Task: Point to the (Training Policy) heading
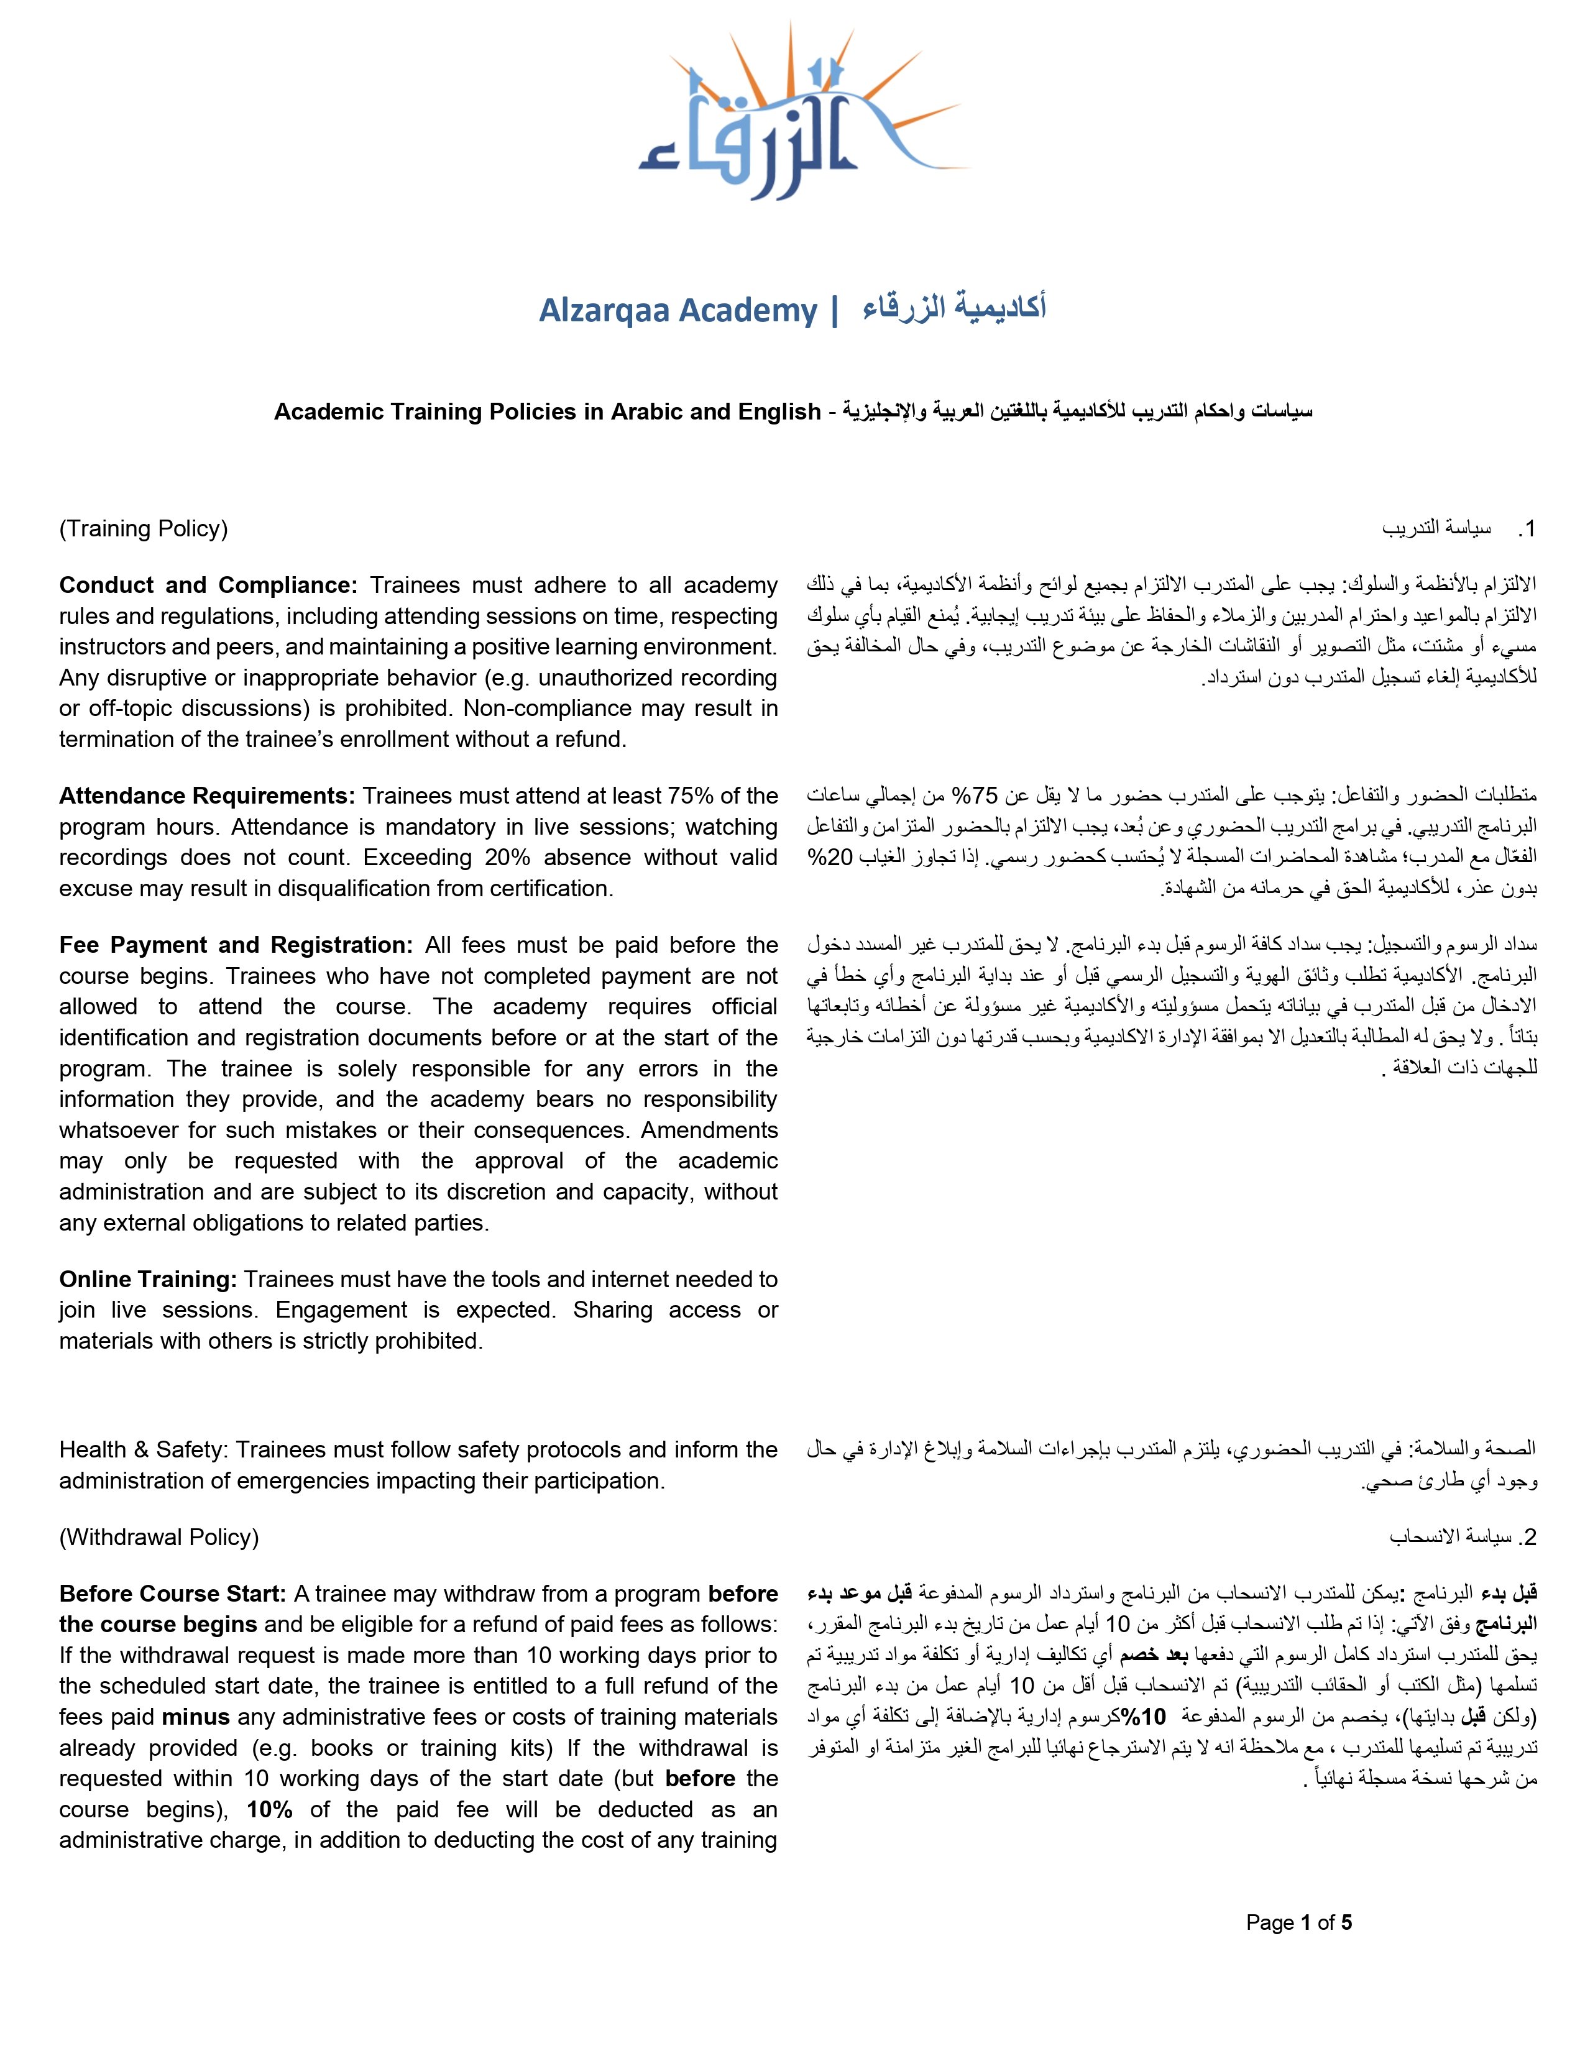click(144, 529)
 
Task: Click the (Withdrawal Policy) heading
click(158, 1537)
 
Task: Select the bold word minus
click(195, 1718)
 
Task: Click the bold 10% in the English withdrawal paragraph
click(266, 1810)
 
